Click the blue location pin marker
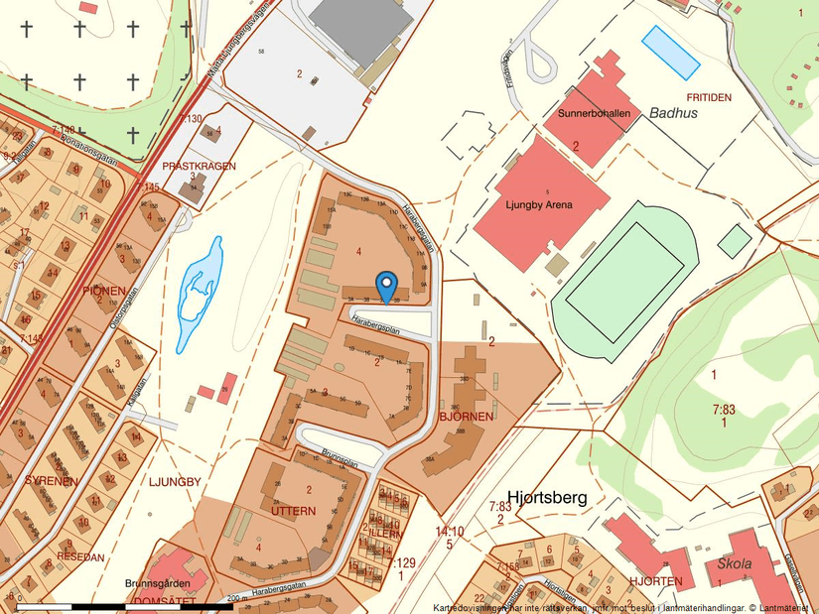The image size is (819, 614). pyautogui.click(x=387, y=285)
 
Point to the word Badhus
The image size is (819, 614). pyautogui.click(x=674, y=113)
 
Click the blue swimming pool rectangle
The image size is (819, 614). pyautogui.click(x=671, y=52)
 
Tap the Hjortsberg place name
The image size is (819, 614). pyautogui.click(x=547, y=497)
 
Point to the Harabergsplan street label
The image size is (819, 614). pyautogui.click(x=374, y=323)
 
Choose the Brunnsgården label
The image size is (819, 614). pyautogui.click(x=157, y=584)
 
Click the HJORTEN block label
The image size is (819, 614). pyautogui.click(x=653, y=580)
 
